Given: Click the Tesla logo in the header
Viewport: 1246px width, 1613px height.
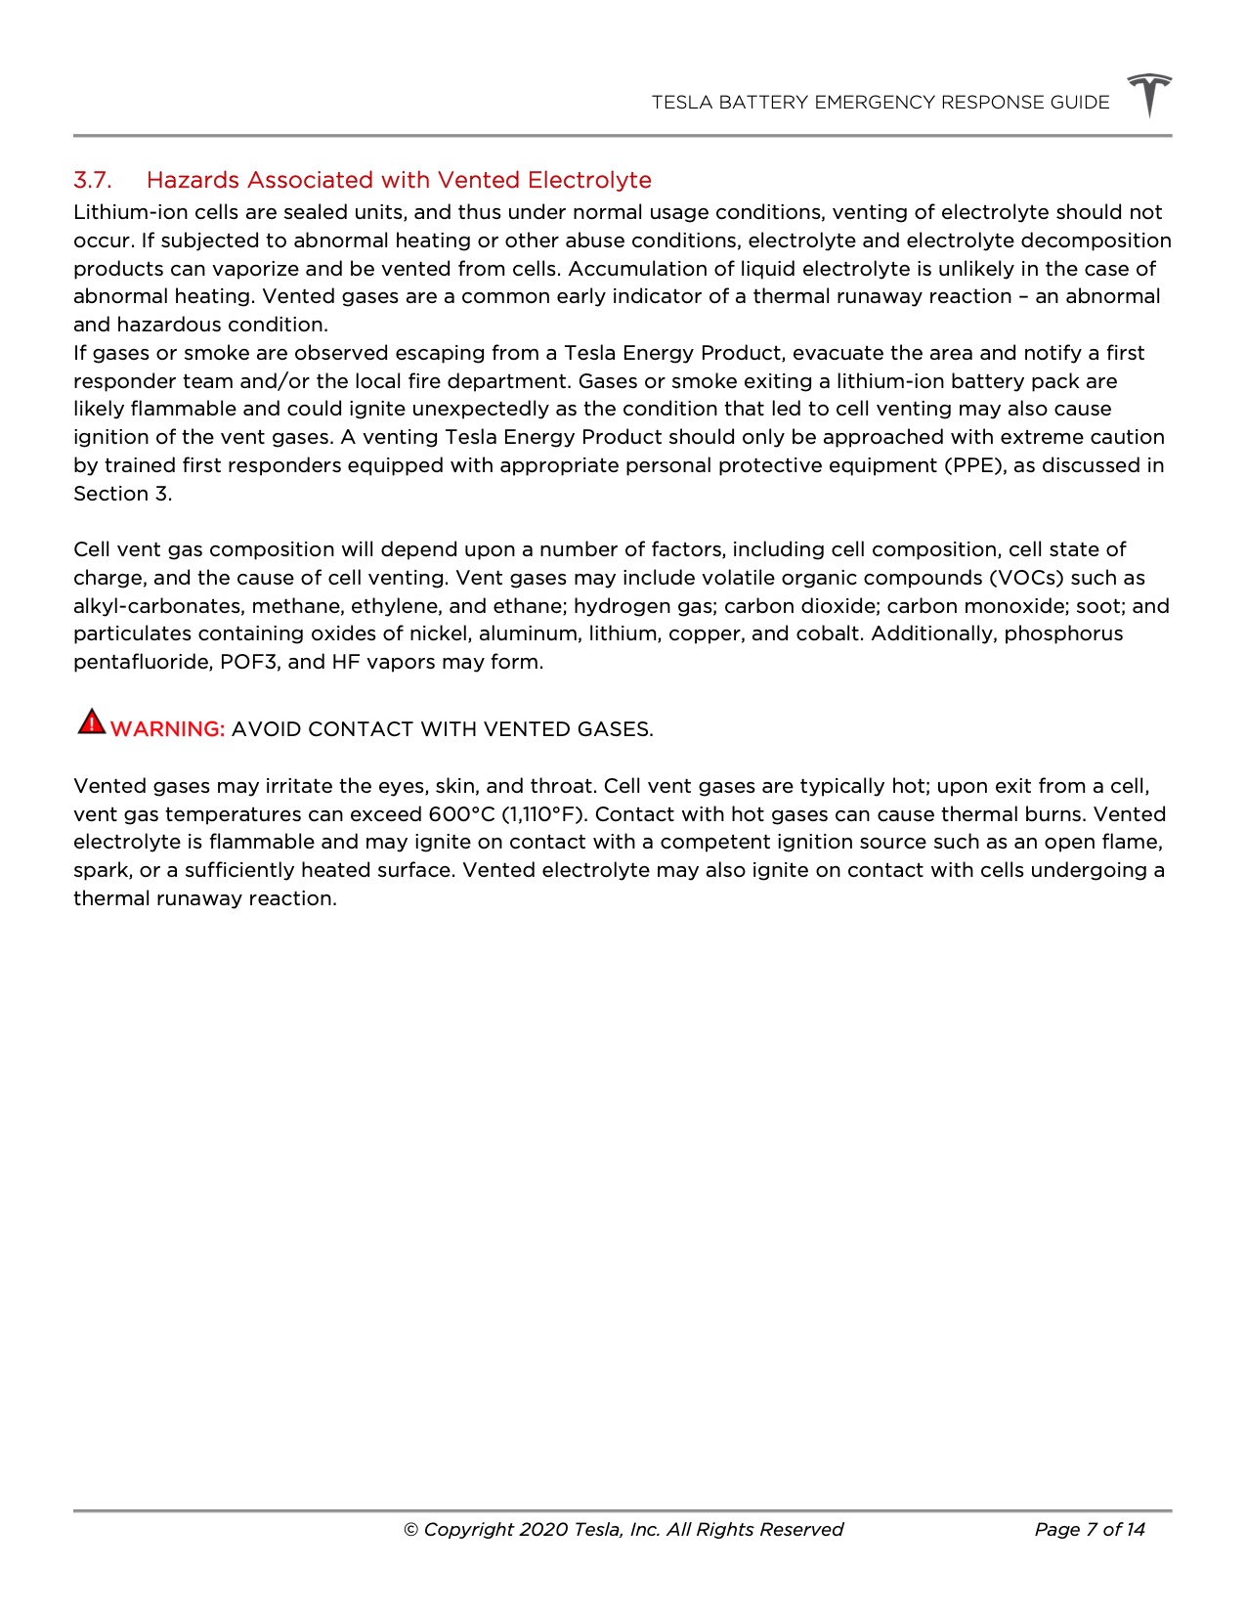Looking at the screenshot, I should point(1149,96).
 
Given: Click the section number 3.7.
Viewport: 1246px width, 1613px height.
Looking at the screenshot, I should point(93,181).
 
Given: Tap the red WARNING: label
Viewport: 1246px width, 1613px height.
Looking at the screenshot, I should point(168,729).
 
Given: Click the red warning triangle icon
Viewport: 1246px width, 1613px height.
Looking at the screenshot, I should point(91,722).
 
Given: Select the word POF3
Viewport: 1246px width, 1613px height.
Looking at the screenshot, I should point(248,662).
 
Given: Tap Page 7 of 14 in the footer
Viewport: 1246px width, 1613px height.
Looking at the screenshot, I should point(1089,1530).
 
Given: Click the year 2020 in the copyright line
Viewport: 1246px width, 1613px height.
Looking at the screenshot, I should point(543,1530).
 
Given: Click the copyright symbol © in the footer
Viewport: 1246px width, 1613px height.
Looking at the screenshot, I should point(411,1530).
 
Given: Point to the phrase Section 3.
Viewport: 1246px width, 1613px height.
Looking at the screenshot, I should point(122,494).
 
